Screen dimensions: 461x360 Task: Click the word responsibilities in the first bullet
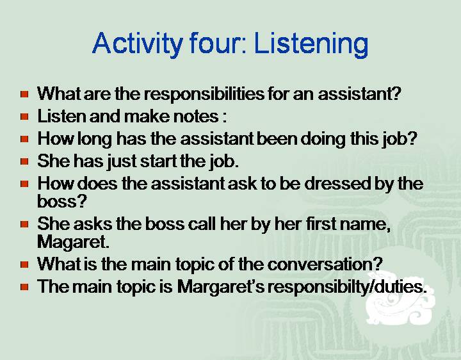point(204,94)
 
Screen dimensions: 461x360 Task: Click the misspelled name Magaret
point(73,242)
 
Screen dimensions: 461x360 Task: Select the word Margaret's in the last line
point(221,286)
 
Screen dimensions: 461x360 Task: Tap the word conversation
point(325,264)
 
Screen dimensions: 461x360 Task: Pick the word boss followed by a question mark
point(62,201)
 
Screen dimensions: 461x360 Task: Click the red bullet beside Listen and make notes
point(25,117)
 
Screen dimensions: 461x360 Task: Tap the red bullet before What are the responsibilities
point(25,94)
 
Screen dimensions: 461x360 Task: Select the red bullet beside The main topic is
point(25,287)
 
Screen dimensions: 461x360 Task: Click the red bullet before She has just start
point(25,161)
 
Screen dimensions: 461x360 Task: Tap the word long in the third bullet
point(95,139)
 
